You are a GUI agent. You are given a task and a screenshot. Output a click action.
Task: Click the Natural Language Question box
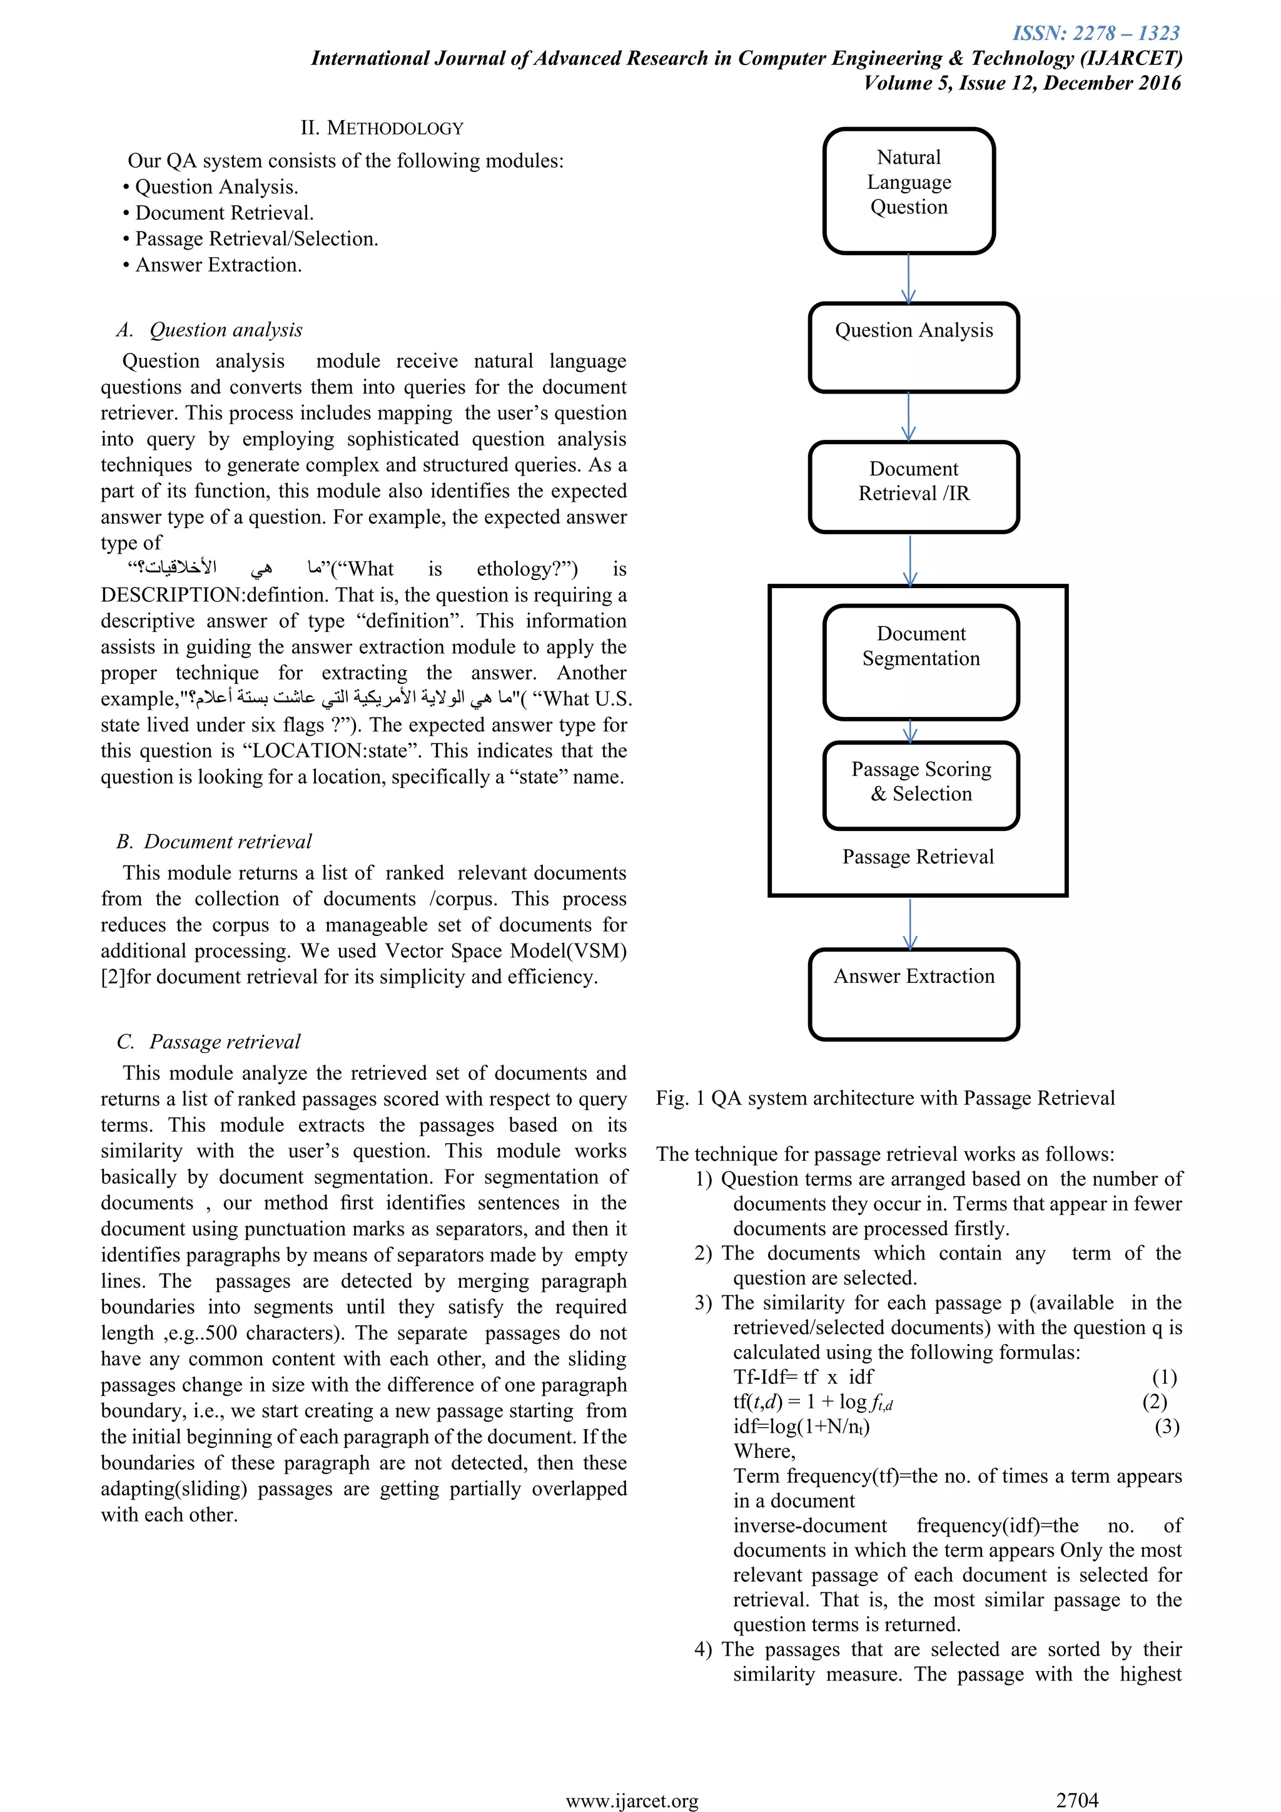coord(909,190)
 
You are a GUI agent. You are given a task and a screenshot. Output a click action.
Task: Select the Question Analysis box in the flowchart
coord(913,347)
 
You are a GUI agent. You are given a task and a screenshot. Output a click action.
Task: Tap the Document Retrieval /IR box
coord(913,486)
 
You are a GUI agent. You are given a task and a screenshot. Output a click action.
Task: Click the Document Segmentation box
coord(921,661)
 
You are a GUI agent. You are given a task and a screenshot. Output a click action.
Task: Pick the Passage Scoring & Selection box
coord(921,785)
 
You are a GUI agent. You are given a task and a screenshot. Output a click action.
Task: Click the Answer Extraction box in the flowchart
coord(913,994)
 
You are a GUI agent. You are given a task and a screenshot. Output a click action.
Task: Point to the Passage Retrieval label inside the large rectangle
coord(918,857)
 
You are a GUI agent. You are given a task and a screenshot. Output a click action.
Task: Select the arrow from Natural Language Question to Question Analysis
coord(909,278)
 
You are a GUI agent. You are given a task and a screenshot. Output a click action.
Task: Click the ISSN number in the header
coord(1096,33)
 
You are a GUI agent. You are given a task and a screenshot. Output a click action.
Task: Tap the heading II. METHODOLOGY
coord(382,128)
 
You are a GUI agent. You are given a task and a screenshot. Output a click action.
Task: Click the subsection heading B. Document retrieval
coord(214,842)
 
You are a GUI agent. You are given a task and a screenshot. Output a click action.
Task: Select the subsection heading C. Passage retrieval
coord(208,1042)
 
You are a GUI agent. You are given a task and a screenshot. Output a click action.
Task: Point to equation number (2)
coord(1154,1402)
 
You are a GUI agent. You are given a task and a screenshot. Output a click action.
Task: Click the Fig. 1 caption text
coord(885,1099)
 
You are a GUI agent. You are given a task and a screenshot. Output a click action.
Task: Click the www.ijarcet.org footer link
coord(632,1801)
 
